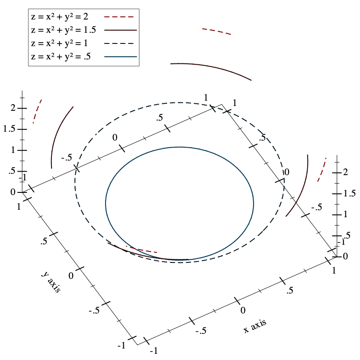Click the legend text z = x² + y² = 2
[x=59, y=17]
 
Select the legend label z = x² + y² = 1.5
[x=63, y=30]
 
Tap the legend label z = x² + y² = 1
[x=59, y=43]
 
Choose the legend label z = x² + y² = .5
[x=61, y=57]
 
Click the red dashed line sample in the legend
[x=119, y=17]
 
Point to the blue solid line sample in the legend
[x=120, y=57]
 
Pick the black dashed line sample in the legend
[x=119, y=43]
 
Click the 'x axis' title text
[x=255, y=326]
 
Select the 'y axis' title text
[x=51, y=282]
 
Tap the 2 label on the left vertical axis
[x=13, y=108]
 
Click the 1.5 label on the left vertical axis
[x=9, y=129]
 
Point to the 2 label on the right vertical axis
[x=345, y=172]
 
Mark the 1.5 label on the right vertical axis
[x=349, y=193]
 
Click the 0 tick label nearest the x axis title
[x=243, y=310]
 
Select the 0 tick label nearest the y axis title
[x=71, y=276]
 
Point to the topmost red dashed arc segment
[x=216, y=31]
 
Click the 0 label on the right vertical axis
[x=345, y=256]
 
